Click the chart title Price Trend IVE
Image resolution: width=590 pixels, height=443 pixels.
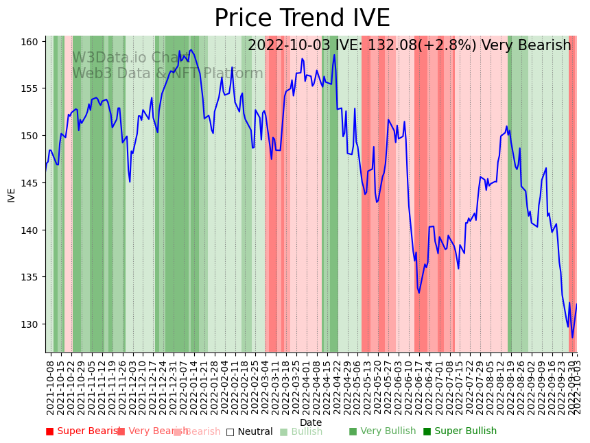[302, 19]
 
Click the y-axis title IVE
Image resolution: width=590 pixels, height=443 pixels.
[11, 195]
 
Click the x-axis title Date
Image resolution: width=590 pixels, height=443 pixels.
[311, 423]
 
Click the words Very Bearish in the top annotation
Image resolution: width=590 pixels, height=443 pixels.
[526, 46]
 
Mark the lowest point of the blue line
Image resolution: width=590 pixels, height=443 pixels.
[572, 337]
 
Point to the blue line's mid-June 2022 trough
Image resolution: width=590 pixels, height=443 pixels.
[419, 293]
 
